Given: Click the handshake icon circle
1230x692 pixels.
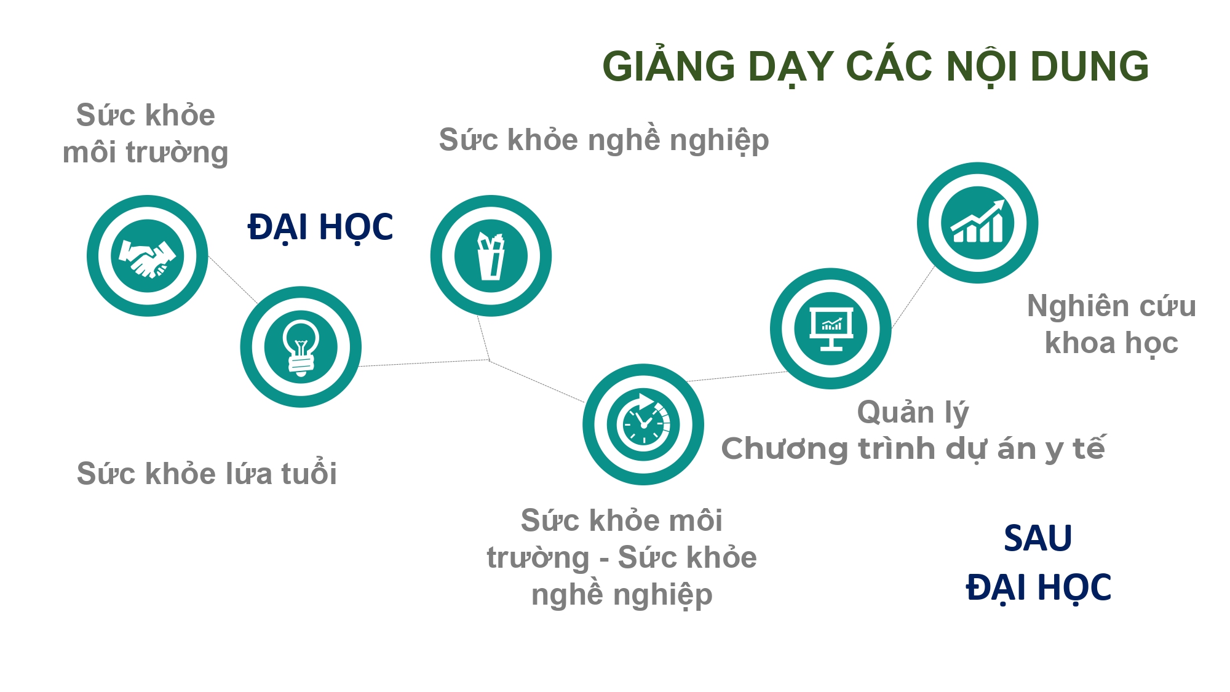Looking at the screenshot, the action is click(x=148, y=256).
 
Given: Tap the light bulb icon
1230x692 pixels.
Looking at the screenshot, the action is click(x=301, y=347).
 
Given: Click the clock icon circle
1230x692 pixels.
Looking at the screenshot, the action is click(x=643, y=424).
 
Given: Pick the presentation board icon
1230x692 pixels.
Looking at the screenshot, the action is click(x=831, y=328).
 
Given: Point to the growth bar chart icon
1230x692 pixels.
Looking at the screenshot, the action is click(x=978, y=221).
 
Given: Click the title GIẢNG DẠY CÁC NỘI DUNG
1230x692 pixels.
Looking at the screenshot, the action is click(x=876, y=66).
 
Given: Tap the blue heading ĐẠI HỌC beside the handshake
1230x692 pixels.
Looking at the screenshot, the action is click(x=320, y=228).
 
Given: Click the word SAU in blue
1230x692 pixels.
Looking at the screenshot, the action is click(x=1038, y=538).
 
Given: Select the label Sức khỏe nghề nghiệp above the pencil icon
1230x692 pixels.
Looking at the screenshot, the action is click(x=604, y=140).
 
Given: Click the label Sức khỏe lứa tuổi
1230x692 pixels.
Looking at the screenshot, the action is click(x=207, y=474).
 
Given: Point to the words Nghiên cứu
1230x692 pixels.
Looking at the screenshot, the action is click(x=1112, y=306).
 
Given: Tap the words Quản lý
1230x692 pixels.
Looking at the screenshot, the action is click(x=913, y=413).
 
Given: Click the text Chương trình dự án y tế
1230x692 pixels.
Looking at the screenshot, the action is click(x=913, y=448).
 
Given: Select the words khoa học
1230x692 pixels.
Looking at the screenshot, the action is click(x=1112, y=343).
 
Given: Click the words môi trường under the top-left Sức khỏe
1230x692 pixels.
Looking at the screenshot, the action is click(x=146, y=153).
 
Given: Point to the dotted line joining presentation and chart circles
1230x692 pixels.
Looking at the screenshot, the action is click(x=913, y=296).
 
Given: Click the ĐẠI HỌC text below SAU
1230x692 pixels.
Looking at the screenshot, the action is click(x=1039, y=587).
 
